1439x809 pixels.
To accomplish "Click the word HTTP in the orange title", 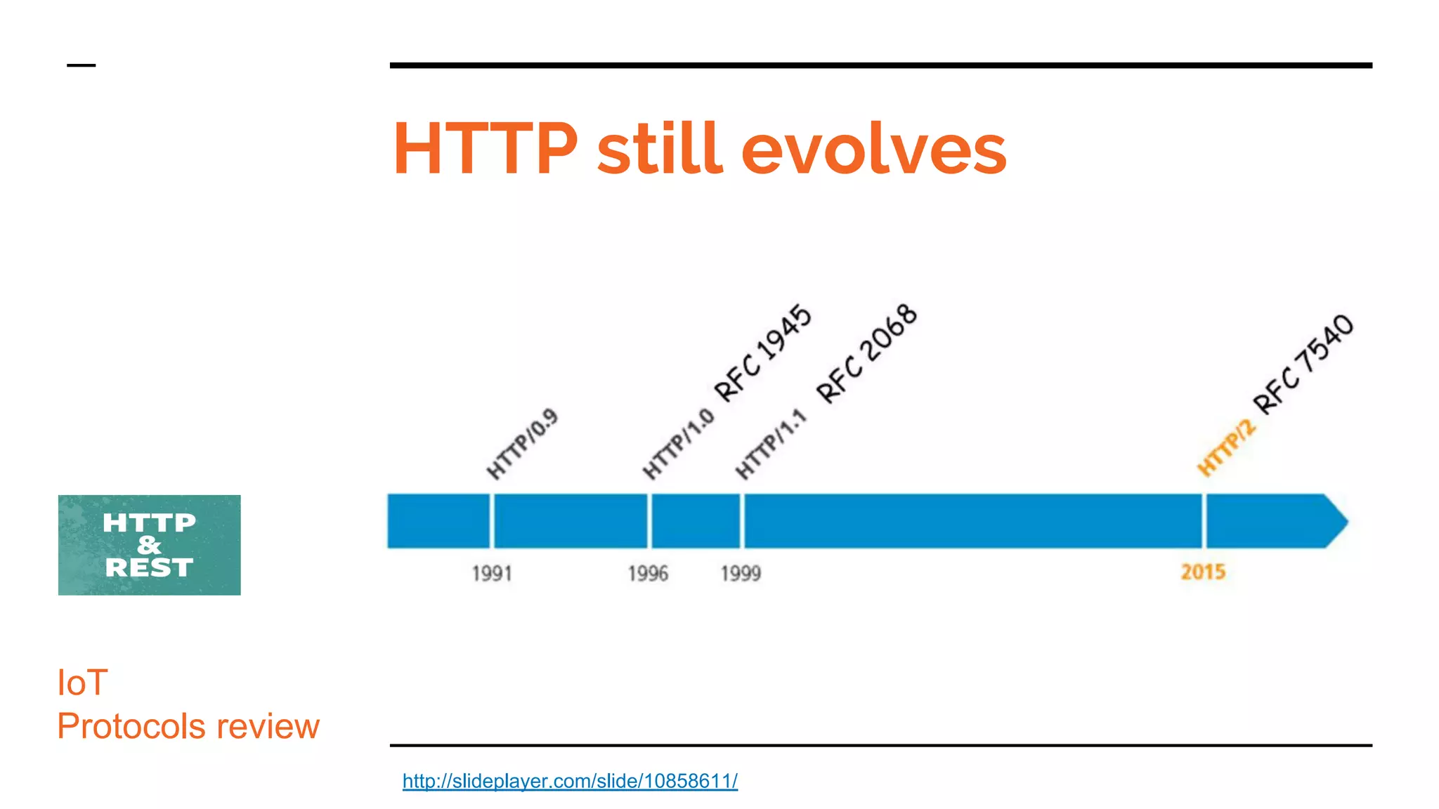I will (x=485, y=149).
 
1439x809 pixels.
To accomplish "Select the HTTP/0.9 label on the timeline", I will (x=522, y=444).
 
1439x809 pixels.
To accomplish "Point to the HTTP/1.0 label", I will (x=678, y=444).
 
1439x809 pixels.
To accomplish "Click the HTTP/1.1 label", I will (x=771, y=445).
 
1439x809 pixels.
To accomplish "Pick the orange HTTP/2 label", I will (x=1226, y=447).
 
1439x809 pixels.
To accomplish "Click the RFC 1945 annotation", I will (x=763, y=353).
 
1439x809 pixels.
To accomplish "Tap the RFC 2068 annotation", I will (x=867, y=354).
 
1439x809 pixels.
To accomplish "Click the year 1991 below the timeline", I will (x=492, y=574).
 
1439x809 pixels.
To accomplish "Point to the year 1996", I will (x=648, y=574).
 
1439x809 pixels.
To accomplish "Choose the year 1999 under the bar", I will (x=741, y=574).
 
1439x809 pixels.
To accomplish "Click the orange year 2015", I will (x=1203, y=572).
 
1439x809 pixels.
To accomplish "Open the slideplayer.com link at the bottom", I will (x=570, y=781).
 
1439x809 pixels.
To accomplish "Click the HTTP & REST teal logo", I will (x=149, y=545).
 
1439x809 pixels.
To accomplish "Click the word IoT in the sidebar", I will (x=82, y=683).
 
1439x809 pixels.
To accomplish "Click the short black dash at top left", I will (x=81, y=65).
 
